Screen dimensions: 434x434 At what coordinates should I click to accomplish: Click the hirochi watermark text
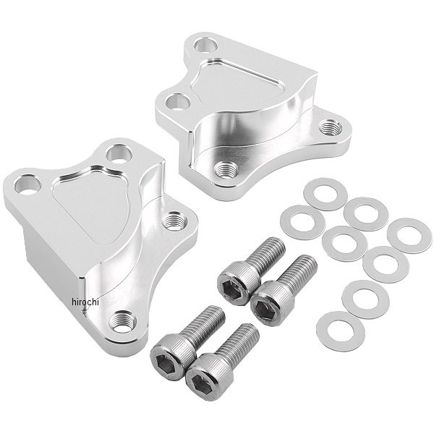pos(85,302)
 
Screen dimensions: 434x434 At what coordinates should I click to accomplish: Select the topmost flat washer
pos(325,194)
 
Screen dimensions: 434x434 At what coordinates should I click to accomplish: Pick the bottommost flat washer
pos(341,331)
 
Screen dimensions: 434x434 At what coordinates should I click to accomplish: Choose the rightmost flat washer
pos(409,235)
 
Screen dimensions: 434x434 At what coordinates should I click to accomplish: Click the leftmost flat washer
pos(302,222)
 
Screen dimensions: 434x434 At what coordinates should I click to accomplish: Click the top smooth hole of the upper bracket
pos(205,46)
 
